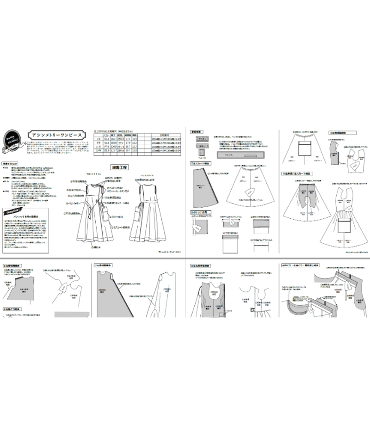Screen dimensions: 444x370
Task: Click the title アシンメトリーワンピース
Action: [55, 134]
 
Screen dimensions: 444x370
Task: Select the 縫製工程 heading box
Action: [119, 166]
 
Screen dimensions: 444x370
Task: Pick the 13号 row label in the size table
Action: [98, 150]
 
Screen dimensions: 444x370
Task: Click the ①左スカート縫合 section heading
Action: [202, 164]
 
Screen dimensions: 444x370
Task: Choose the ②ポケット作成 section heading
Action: [200, 212]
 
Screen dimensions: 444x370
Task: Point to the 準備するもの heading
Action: [12, 163]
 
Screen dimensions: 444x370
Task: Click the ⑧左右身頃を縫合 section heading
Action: [203, 266]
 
